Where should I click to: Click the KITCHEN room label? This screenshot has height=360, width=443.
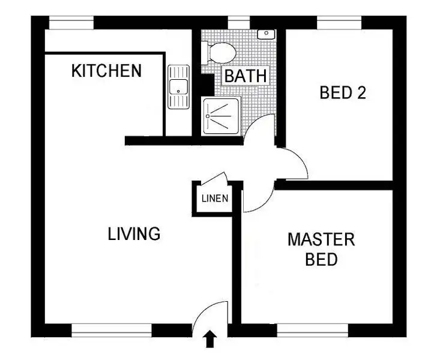tap(106, 71)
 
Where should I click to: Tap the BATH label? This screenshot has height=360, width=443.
tap(245, 77)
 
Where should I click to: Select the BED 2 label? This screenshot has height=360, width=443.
tap(343, 93)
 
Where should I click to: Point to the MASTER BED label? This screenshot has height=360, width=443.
tap(321, 250)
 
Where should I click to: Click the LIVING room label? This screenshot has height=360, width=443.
tap(134, 233)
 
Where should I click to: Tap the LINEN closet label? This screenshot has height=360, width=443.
tap(215, 199)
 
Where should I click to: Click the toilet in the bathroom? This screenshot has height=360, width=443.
tap(220, 52)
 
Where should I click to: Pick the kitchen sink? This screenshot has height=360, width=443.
tap(178, 88)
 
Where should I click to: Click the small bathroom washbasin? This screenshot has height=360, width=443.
tap(265, 34)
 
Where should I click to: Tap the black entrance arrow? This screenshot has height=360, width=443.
tap(210, 340)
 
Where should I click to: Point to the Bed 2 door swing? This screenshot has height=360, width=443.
tap(291, 163)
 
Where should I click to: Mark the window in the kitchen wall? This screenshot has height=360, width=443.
tap(71, 23)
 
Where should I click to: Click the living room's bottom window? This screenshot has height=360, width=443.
tap(112, 330)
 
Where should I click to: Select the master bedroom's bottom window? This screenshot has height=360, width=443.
tap(312, 330)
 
